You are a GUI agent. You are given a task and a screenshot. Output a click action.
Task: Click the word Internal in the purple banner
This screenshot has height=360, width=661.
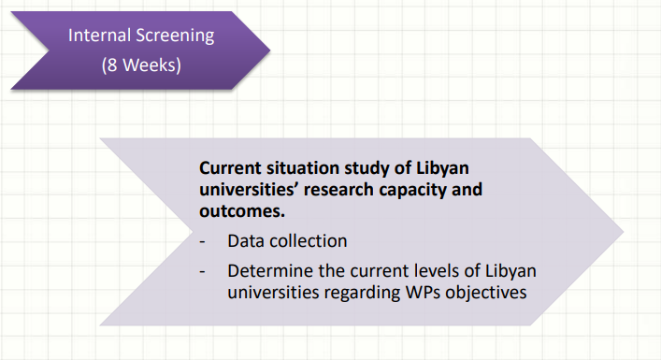[98, 35]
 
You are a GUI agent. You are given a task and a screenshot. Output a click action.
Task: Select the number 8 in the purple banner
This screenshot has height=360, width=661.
[111, 65]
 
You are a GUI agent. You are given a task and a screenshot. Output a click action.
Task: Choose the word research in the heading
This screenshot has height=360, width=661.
[338, 190]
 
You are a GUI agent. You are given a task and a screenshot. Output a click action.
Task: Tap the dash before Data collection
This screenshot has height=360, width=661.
[202, 242]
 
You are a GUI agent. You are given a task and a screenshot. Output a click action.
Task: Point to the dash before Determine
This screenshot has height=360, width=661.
[202, 272]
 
